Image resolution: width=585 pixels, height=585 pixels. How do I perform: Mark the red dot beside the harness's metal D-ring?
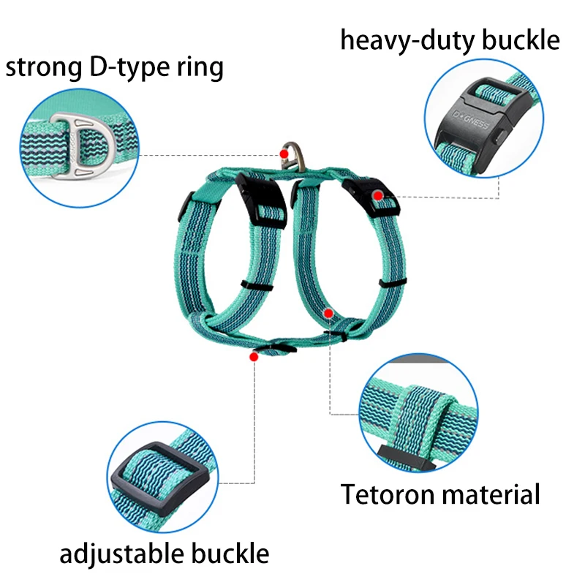point(284,154)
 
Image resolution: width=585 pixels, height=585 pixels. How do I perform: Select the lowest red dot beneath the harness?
point(254,357)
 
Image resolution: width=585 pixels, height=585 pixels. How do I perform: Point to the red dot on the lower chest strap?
point(328,313)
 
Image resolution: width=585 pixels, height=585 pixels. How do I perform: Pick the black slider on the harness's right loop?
point(390,282)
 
